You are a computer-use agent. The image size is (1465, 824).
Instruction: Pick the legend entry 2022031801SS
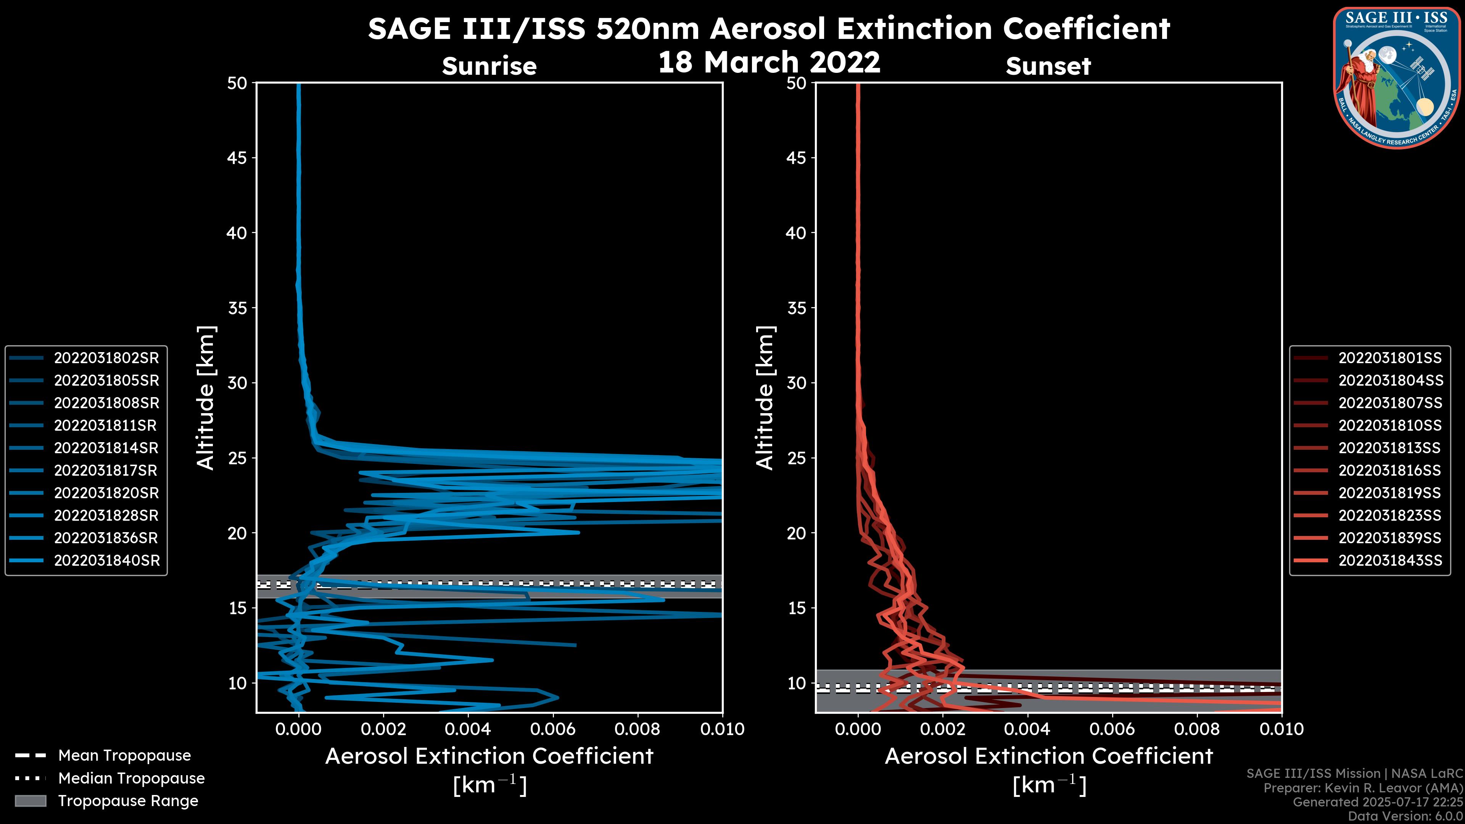pyautogui.click(x=1389, y=358)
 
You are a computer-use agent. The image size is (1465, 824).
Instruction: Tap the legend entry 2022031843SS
pyautogui.click(x=1389, y=560)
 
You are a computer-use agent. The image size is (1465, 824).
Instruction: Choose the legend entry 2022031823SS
pyautogui.click(x=1389, y=515)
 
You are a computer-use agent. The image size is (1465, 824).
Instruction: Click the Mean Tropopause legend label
pyautogui.click(x=124, y=755)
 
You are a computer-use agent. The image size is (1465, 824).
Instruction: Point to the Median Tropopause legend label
pyautogui.click(x=131, y=778)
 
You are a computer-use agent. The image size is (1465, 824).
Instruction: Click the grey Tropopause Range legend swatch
pyautogui.click(x=30, y=801)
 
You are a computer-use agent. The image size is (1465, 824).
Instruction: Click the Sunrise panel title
pyautogui.click(x=489, y=66)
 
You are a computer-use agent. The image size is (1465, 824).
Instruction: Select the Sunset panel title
pyautogui.click(x=1048, y=66)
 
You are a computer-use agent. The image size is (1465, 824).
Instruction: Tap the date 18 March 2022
pyautogui.click(x=769, y=61)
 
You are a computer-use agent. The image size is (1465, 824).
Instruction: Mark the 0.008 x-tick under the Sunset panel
pyautogui.click(x=1197, y=729)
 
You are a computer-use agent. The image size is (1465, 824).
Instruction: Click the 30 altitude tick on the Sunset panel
pyautogui.click(x=796, y=383)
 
